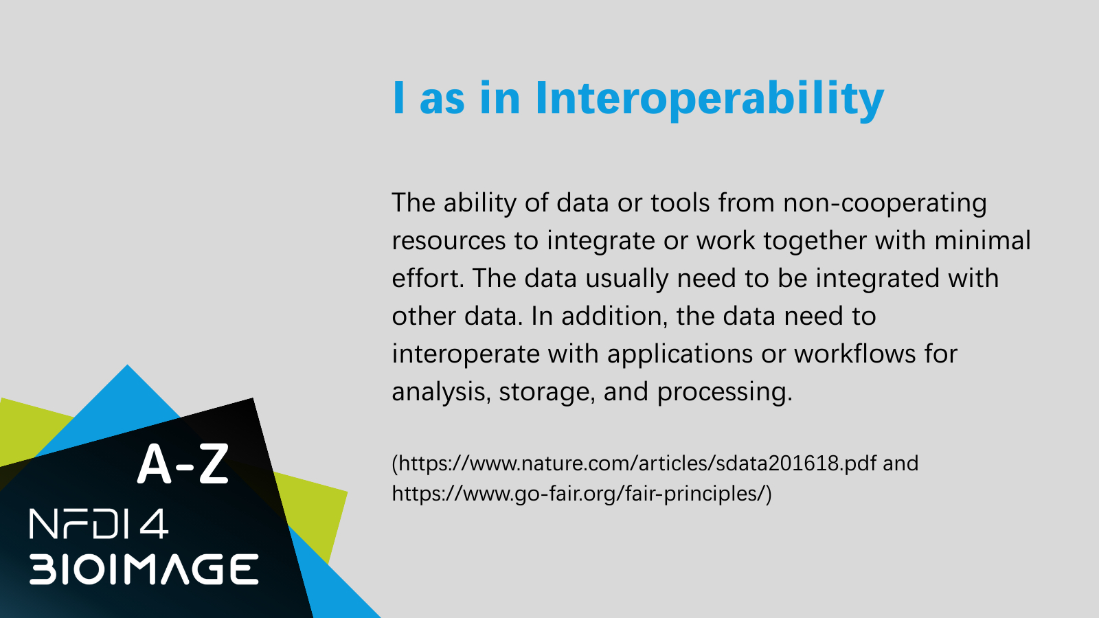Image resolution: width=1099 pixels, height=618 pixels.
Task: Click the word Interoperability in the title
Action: click(x=710, y=99)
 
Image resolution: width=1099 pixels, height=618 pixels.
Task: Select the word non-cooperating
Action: click(x=885, y=203)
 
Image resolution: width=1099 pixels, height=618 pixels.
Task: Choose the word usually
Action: click(x=626, y=279)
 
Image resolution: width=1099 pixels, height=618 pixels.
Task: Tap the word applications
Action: click(x=679, y=354)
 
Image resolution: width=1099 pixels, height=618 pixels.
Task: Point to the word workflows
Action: click(x=855, y=353)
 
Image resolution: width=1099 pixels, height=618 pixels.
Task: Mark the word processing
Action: click(x=725, y=392)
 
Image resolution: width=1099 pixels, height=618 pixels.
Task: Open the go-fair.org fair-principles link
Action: click(x=578, y=494)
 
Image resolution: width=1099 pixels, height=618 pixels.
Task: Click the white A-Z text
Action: click(x=183, y=464)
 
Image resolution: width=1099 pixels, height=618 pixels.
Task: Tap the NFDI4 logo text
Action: click(x=99, y=524)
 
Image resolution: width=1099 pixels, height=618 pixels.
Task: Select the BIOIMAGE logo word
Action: click(x=144, y=569)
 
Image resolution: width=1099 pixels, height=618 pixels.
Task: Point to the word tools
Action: click(x=680, y=203)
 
